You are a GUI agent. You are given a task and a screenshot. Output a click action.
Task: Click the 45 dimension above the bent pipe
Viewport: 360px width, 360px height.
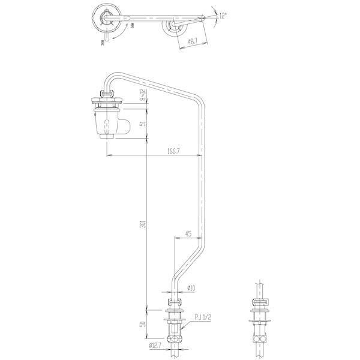(x=189, y=234)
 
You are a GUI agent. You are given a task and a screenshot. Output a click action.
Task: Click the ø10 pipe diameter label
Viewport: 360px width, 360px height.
(x=191, y=288)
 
